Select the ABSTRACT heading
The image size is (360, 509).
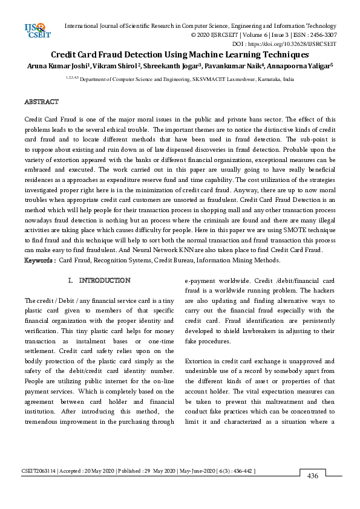(41, 102)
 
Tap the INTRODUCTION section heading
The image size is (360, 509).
(105, 280)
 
